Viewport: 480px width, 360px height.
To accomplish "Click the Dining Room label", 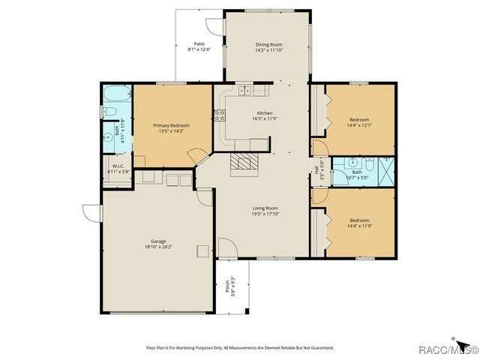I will coord(268,44).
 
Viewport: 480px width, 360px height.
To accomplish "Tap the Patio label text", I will coord(199,44).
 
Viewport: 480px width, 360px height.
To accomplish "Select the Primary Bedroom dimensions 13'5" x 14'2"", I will coord(172,131).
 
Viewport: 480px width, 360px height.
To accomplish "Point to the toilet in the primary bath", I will coord(109,113).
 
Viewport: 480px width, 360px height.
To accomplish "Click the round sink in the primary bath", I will coord(109,138).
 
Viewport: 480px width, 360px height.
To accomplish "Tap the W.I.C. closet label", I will coord(117,166).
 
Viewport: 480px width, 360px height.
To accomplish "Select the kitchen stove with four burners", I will coord(220,115).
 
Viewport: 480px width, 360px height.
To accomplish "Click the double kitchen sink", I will coord(245,91).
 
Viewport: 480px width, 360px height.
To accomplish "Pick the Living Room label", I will coord(265,208).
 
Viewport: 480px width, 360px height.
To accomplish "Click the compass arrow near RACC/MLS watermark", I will coord(454,339).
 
